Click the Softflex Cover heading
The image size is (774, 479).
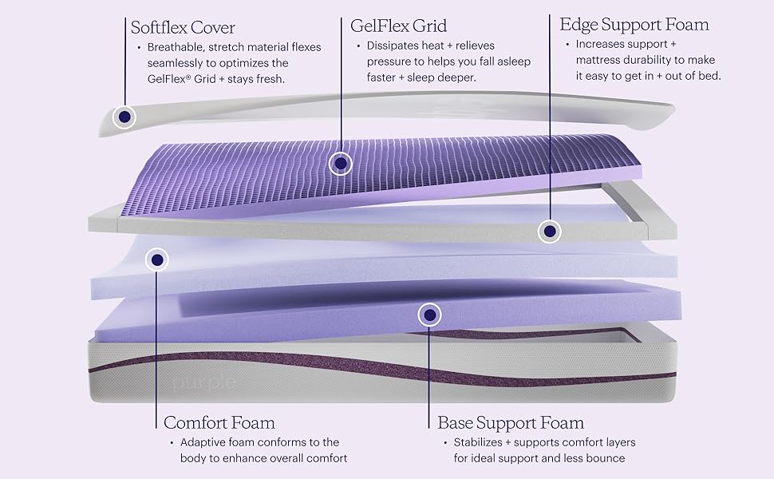pyautogui.click(x=183, y=28)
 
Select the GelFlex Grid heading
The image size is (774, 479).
pyautogui.click(x=398, y=26)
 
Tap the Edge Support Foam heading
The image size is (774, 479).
pyautogui.click(x=634, y=25)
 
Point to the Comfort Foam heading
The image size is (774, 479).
pyautogui.click(x=219, y=422)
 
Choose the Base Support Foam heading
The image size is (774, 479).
pyautogui.click(x=511, y=422)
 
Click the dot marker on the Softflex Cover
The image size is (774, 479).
pyautogui.click(x=124, y=117)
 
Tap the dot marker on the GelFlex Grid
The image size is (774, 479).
pyautogui.click(x=341, y=164)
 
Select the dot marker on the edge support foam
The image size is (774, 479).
pyautogui.click(x=549, y=232)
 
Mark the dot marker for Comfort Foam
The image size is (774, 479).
pyautogui.click(x=158, y=259)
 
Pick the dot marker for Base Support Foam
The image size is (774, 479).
pyautogui.click(x=430, y=315)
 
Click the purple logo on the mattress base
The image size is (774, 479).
pyautogui.click(x=204, y=382)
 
